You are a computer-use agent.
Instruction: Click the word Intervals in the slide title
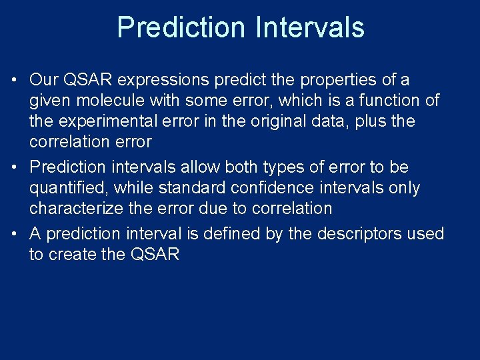tap(309, 28)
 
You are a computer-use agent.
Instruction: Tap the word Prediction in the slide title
tap(181, 28)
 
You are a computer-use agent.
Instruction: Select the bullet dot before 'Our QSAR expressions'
tap(14, 81)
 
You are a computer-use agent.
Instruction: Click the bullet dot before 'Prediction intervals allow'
tap(14, 168)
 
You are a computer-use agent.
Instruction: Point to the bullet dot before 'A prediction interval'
tap(14, 235)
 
